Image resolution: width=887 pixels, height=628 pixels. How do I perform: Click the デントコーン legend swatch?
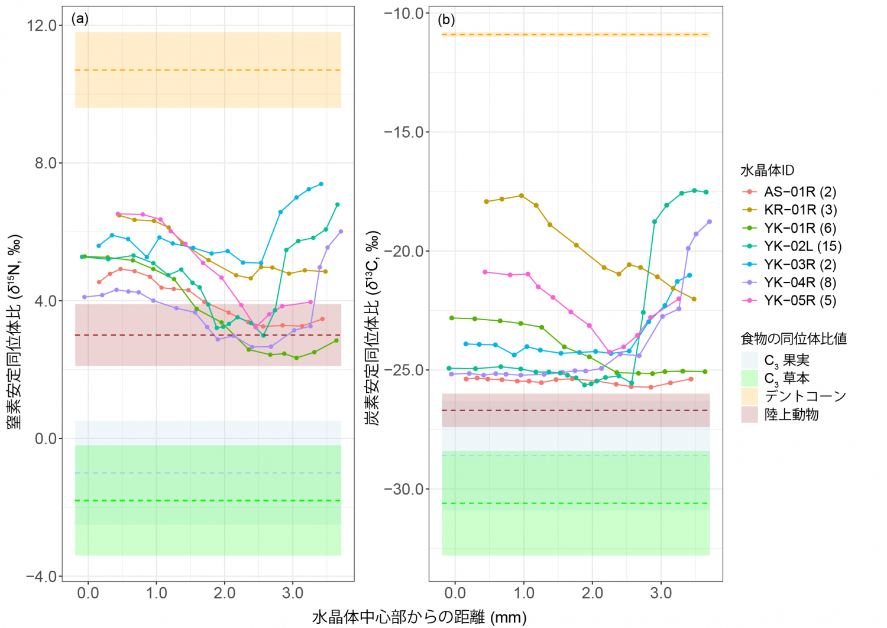tap(750, 396)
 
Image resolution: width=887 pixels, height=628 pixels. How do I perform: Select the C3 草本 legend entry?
tap(786, 378)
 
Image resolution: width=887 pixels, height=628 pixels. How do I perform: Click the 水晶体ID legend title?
tap(767, 171)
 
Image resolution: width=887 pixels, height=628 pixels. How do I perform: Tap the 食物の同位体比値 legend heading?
tap(793, 339)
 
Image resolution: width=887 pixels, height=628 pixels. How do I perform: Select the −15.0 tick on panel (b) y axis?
tap(403, 132)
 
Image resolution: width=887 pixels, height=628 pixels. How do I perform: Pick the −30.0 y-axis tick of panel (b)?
tap(403, 489)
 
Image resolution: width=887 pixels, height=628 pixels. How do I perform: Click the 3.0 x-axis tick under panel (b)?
tap(661, 593)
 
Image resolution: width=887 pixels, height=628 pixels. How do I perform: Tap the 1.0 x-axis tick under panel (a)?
tap(157, 593)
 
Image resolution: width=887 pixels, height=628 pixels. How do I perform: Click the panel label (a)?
tap(80, 19)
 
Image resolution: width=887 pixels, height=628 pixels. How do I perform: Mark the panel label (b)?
tap(446, 20)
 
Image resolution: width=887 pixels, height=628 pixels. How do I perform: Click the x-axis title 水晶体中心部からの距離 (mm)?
tap(419, 617)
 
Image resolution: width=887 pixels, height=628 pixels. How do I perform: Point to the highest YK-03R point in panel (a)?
tap(321, 184)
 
